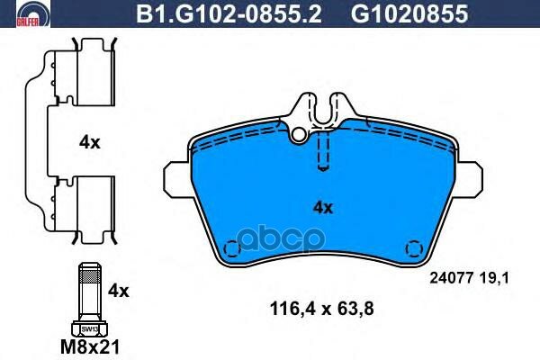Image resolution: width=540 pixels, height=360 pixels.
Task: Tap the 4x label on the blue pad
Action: tap(323, 208)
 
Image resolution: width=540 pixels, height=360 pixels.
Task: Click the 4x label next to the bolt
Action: tap(119, 291)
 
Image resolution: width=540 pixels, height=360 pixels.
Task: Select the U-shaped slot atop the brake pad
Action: tap(324, 112)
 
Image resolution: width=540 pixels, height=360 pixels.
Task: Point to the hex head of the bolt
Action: tap(87, 328)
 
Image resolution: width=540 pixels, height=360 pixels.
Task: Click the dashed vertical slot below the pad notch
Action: tap(324, 148)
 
